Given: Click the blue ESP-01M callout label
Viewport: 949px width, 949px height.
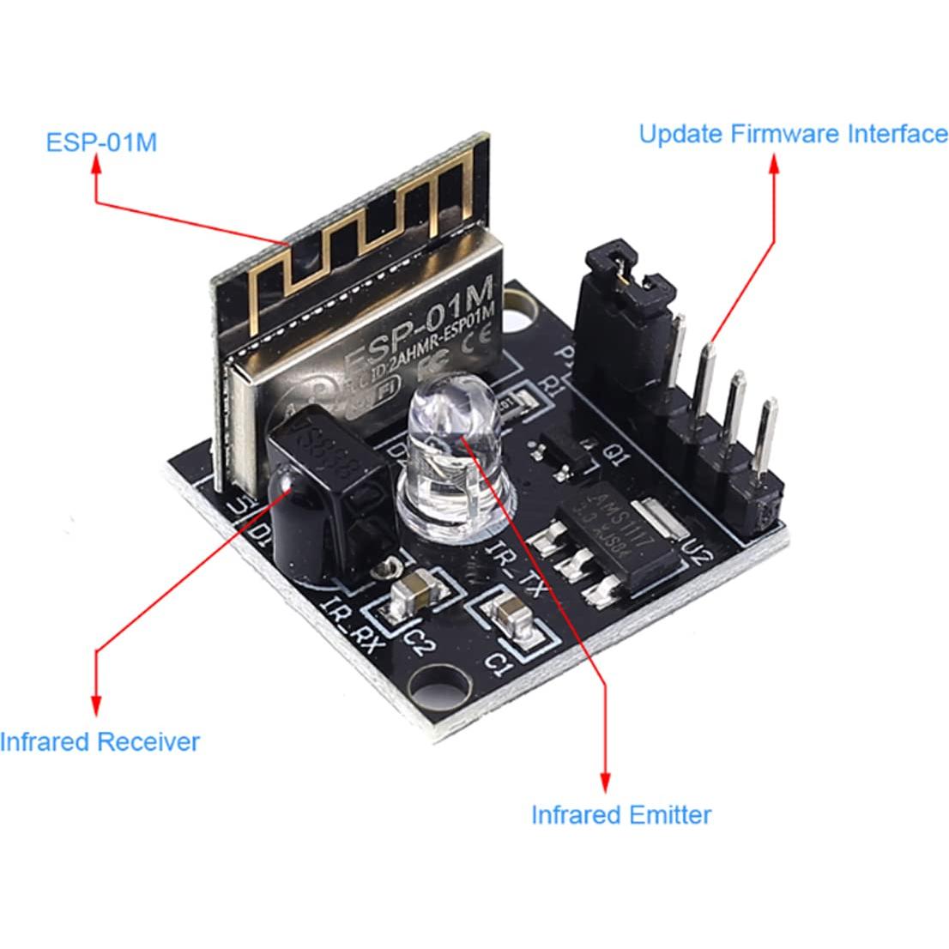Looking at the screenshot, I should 100,142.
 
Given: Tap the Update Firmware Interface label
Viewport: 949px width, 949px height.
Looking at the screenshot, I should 793,134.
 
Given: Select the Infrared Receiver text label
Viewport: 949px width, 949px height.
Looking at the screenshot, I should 100,741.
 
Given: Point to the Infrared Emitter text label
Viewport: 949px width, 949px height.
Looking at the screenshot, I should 621,813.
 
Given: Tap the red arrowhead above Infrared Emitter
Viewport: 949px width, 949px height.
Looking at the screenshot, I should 607,781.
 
